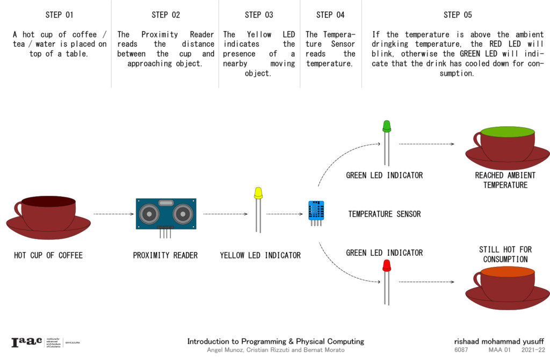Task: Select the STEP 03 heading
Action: (x=259, y=15)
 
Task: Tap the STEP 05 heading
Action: (x=458, y=15)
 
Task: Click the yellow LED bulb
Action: (x=258, y=193)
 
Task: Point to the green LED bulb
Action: (x=386, y=126)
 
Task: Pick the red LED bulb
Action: (x=386, y=265)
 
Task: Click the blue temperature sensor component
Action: (x=316, y=210)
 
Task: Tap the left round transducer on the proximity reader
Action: (x=149, y=214)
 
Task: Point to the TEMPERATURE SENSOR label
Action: (x=384, y=214)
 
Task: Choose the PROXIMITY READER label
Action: (x=165, y=255)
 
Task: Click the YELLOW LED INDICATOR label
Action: (x=260, y=255)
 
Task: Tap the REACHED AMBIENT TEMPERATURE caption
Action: (x=505, y=180)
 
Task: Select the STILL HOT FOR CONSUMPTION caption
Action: (x=505, y=254)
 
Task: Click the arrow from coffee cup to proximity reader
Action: (x=113, y=214)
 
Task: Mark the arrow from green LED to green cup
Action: (x=427, y=144)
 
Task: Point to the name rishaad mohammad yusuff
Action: (x=498, y=341)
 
